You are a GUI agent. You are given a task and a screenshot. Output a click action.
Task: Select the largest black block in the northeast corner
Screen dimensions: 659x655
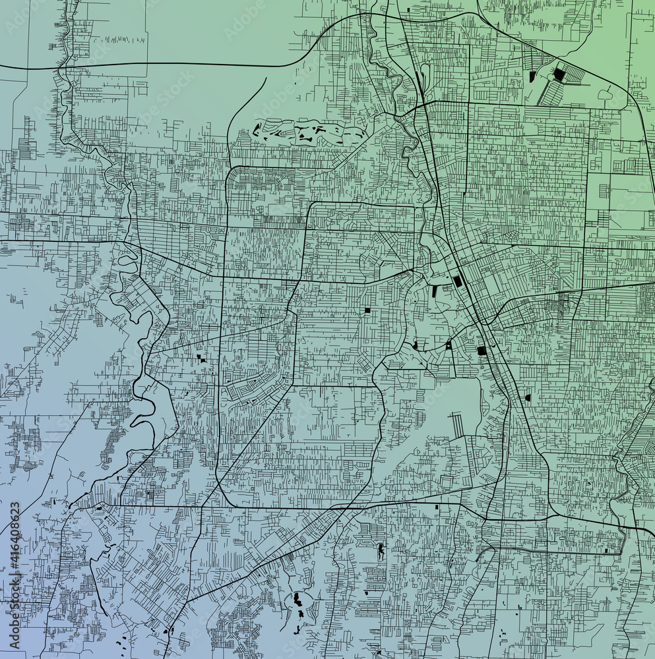(x=559, y=74)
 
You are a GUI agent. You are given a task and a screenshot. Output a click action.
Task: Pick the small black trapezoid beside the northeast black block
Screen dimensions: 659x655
(x=532, y=76)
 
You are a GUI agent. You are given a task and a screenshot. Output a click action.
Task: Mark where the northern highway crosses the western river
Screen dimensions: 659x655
(x=64, y=67)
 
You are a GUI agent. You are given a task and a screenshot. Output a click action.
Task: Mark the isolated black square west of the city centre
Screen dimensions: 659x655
(x=367, y=310)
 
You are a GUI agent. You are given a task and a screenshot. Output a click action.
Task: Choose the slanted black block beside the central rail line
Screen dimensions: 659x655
(x=458, y=281)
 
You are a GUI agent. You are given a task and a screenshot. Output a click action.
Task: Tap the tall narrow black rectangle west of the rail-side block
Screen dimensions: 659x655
(x=434, y=290)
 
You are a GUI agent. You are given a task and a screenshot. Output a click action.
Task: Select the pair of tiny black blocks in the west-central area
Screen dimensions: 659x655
(x=201, y=359)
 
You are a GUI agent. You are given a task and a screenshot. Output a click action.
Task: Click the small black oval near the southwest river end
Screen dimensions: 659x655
(x=99, y=508)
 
